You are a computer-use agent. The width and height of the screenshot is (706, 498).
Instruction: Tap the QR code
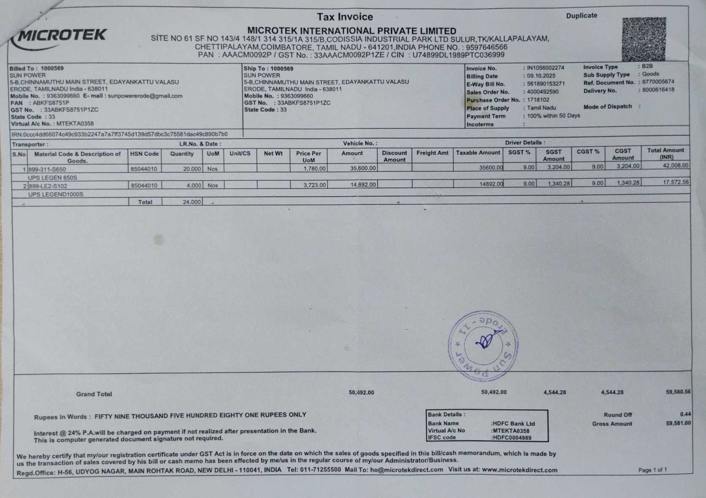point(643,39)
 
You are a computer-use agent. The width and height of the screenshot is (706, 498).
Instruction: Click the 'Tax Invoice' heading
point(345,17)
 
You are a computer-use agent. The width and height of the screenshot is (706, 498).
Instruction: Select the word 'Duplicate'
point(581,16)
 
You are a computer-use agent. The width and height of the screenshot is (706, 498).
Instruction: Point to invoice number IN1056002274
point(545,68)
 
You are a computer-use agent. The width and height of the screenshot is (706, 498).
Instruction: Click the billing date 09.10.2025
point(541,76)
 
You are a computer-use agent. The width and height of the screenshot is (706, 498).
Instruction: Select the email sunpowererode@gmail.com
point(145,96)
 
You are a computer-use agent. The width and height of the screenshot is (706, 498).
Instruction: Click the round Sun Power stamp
point(483,345)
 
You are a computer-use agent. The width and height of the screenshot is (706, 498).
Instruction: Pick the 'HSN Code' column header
point(144,154)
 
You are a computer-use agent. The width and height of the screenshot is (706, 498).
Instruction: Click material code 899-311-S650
point(47,169)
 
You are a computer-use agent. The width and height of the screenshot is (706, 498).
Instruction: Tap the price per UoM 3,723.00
point(314,185)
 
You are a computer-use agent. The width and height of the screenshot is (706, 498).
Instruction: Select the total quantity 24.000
point(191,202)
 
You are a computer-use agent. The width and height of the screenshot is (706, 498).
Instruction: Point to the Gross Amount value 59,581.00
point(678,423)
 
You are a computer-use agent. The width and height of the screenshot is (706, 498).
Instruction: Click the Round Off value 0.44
point(685,414)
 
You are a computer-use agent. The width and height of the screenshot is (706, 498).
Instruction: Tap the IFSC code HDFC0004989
point(512,438)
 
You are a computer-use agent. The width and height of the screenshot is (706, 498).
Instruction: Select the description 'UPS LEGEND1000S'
point(56,194)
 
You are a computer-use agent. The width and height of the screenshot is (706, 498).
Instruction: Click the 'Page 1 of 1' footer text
point(652,470)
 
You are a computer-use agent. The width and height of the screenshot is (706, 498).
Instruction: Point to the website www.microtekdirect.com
point(519,470)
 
